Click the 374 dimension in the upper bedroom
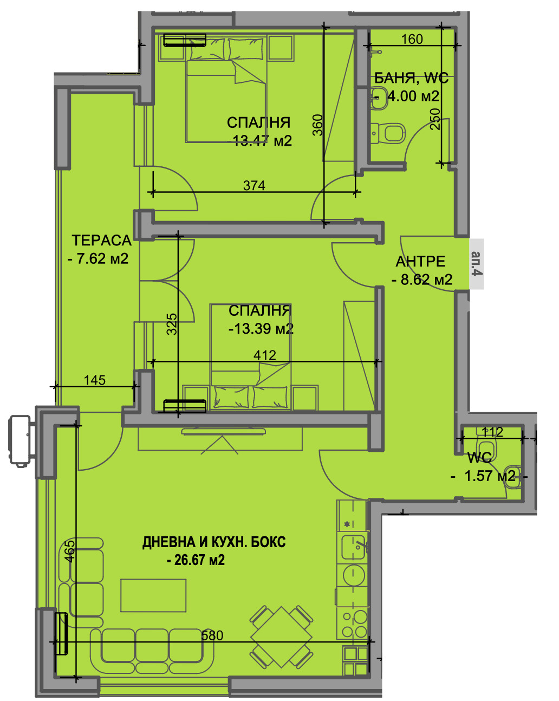click(254, 186)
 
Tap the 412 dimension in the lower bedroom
click(264, 355)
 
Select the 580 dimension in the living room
click(212, 635)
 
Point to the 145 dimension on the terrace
click(94, 380)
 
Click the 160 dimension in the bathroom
click(412, 39)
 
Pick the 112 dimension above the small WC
click(492, 432)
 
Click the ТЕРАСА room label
click(101, 241)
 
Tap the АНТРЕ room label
click(420, 262)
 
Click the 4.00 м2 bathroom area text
click(414, 96)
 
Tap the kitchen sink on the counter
click(353, 548)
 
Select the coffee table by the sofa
click(153, 595)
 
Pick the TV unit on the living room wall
click(223, 432)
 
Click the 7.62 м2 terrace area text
click(98, 258)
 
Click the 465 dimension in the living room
click(70, 551)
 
